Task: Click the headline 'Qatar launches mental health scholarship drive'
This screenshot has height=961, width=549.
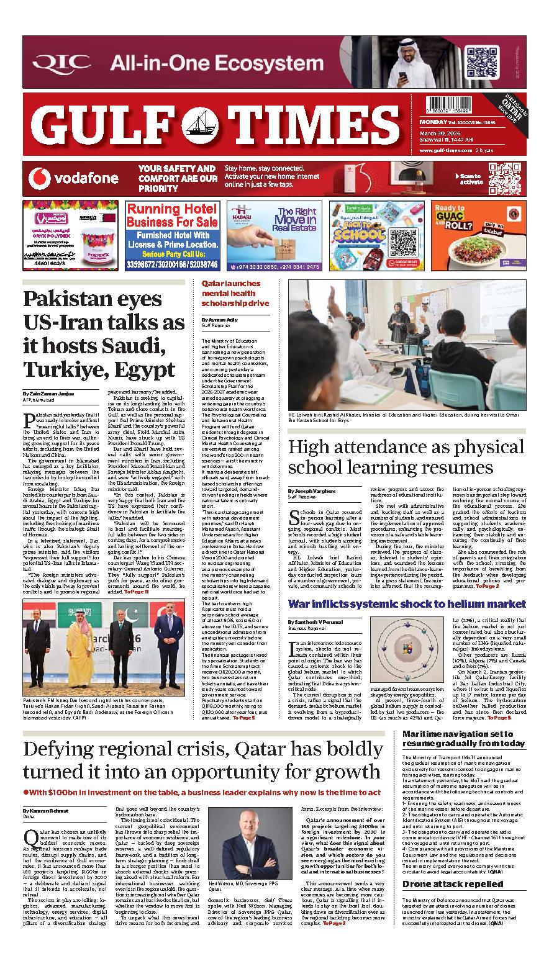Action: pos(231,293)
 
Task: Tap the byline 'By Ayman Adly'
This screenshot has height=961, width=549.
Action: pos(215,320)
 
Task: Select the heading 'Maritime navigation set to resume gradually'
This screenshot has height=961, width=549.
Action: pos(463,738)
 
